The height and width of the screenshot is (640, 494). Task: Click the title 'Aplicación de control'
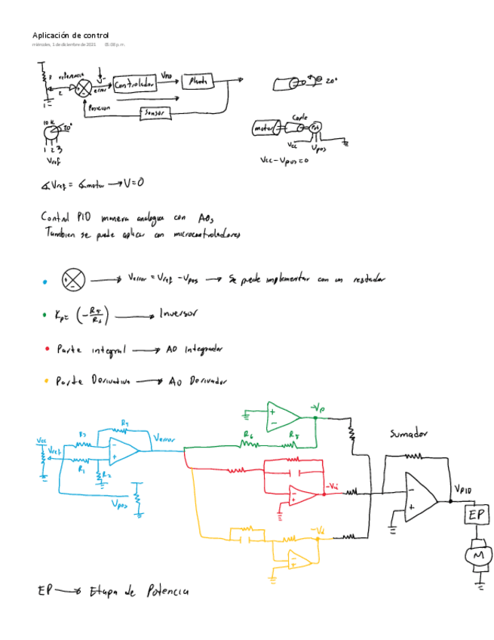[x=70, y=35]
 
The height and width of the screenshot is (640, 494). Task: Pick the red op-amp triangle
[x=302, y=494]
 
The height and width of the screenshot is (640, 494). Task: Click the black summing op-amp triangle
[x=419, y=493]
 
